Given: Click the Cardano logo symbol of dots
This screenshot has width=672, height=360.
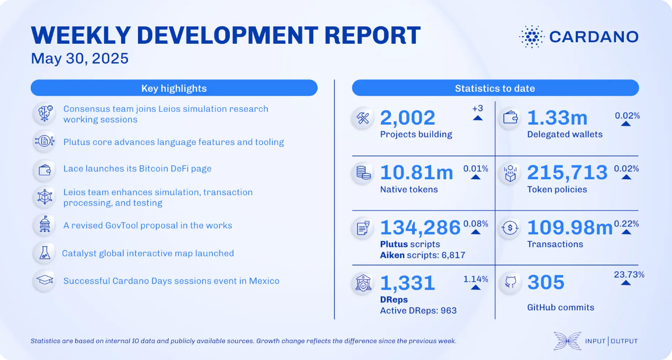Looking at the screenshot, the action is point(532,37).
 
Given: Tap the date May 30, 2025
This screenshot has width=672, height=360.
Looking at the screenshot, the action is point(80,58).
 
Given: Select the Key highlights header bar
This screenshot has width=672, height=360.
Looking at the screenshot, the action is point(174,88).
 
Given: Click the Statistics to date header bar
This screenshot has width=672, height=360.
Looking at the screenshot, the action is point(495,88).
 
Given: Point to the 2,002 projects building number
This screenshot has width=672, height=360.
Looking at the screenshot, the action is point(407,117).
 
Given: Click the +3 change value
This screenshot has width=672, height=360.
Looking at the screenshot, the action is point(477,108).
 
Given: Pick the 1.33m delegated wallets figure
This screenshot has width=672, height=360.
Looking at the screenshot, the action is point(557,117).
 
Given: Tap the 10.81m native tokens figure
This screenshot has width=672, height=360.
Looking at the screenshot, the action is point(416,172).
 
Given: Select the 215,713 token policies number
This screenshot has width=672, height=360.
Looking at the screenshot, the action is point(567,172).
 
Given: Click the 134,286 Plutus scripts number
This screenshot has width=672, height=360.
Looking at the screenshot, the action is point(420,227).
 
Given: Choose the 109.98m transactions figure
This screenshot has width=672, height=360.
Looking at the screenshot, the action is point(570,227).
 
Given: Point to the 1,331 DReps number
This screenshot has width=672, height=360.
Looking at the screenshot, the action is point(407,283).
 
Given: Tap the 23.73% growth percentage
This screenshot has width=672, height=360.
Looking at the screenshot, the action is point(629,275).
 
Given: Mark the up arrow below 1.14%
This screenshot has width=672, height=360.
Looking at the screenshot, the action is point(475,288).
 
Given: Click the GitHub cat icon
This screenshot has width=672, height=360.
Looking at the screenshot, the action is point(510,282).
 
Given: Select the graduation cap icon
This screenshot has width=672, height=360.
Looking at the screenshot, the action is point(45,280).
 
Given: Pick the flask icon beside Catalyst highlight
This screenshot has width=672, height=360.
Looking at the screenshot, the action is point(45,253).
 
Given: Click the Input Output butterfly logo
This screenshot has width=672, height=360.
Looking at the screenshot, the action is point(567,341).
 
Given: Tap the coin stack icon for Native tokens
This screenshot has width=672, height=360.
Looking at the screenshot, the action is point(363,173).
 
